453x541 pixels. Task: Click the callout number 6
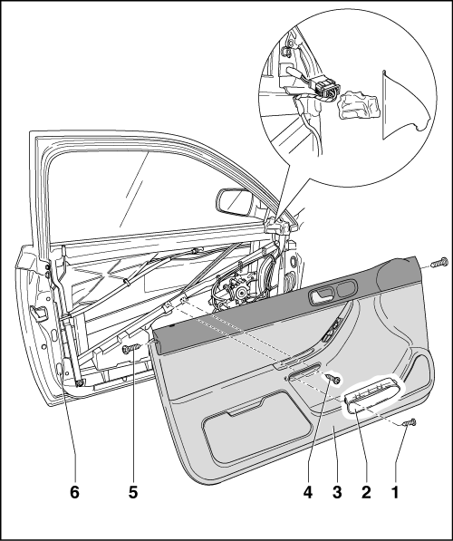pyautogui.click(x=74, y=492)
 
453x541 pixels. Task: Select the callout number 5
pyautogui.click(x=133, y=492)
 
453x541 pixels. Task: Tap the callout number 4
pyautogui.click(x=308, y=492)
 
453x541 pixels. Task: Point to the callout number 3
pyautogui.click(x=337, y=492)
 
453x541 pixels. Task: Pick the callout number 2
pyautogui.click(x=366, y=492)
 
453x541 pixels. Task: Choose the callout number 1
pyautogui.click(x=395, y=492)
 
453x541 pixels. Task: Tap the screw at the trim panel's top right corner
pyautogui.click(x=439, y=263)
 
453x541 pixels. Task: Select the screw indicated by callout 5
pyautogui.click(x=132, y=349)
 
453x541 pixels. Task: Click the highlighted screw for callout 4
pyautogui.click(x=335, y=379)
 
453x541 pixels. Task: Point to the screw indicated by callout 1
pyautogui.click(x=410, y=422)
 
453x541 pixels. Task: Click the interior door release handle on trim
pyautogui.click(x=322, y=296)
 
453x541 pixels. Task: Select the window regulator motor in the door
pyautogui.click(x=235, y=289)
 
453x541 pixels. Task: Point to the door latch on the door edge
pyautogui.click(x=39, y=313)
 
